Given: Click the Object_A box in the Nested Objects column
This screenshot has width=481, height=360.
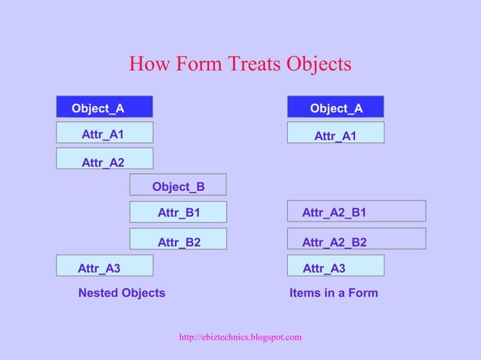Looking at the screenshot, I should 105,107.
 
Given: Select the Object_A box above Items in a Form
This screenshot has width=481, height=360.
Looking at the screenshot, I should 335,107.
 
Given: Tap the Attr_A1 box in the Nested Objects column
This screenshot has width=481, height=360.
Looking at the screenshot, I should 105,133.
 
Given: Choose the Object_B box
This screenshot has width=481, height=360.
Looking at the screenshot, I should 178,185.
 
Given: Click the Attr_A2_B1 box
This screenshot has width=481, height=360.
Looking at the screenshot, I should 356,212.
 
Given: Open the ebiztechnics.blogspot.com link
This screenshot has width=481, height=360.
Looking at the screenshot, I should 240,337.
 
